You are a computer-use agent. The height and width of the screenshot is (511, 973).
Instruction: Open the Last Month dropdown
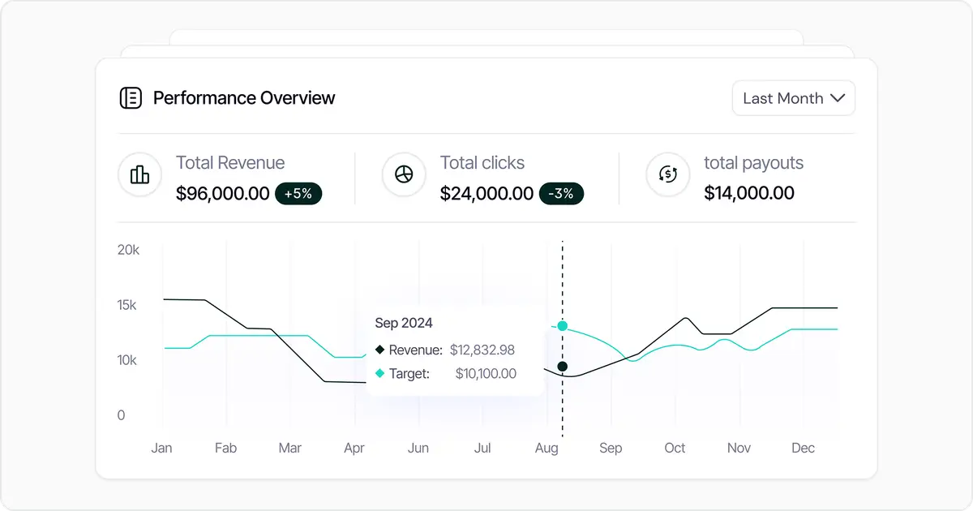pyautogui.click(x=793, y=98)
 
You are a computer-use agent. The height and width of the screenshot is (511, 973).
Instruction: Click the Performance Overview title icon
pyautogui.click(x=131, y=98)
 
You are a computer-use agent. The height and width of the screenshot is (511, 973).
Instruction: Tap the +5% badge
pyautogui.click(x=298, y=193)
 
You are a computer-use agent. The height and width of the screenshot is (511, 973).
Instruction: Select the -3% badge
pyautogui.click(x=560, y=193)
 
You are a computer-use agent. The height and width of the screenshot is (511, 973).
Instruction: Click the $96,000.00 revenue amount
pyautogui.click(x=222, y=193)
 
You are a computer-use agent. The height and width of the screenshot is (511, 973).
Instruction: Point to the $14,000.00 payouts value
pyautogui.click(x=748, y=193)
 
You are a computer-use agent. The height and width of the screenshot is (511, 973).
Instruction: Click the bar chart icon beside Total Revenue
pyautogui.click(x=139, y=174)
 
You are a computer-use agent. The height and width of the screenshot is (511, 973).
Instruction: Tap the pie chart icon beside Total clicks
pyautogui.click(x=404, y=174)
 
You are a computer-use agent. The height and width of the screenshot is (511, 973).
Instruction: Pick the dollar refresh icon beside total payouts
pyautogui.click(x=667, y=174)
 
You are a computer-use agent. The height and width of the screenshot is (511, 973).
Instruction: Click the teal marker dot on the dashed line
pyautogui.click(x=563, y=326)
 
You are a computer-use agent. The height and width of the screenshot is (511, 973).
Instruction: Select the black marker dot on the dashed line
pyautogui.click(x=563, y=367)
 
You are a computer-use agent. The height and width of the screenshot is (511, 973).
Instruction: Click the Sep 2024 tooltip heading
pyautogui.click(x=403, y=323)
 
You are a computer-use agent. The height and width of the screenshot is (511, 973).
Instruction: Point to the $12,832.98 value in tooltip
pyautogui.click(x=482, y=350)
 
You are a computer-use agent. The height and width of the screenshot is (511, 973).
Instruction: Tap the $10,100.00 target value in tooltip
pyautogui.click(x=485, y=374)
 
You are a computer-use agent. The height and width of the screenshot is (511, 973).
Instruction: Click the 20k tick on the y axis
pyautogui.click(x=128, y=250)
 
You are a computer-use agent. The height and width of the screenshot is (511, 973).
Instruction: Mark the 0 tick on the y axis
pyautogui.click(x=122, y=415)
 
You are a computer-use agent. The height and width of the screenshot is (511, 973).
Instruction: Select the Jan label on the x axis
pyautogui.click(x=161, y=448)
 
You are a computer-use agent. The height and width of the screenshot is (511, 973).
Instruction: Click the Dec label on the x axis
pyautogui.click(x=803, y=448)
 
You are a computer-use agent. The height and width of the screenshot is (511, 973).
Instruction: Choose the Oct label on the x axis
pyautogui.click(x=675, y=448)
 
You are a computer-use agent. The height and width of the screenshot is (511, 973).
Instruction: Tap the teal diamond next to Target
pyautogui.click(x=379, y=374)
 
